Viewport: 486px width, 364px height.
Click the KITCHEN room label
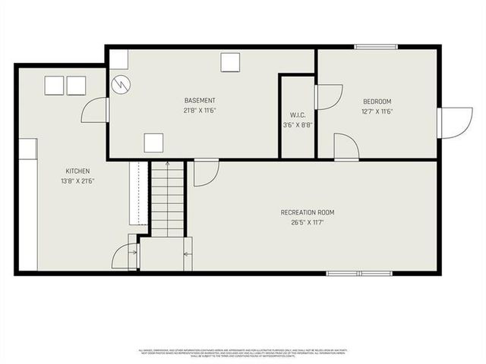[77, 171]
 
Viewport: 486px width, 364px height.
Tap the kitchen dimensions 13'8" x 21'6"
[77, 181]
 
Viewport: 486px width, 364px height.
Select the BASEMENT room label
[200, 101]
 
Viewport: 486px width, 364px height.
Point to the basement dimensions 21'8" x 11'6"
[200, 111]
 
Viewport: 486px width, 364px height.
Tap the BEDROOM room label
[377, 102]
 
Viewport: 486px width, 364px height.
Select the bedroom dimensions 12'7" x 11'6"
[377, 111]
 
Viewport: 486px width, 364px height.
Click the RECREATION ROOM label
[307, 212]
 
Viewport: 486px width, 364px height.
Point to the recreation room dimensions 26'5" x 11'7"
[307, 222]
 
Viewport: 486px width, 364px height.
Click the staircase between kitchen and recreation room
[167, 197]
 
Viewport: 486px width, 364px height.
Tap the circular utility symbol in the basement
[120, 84]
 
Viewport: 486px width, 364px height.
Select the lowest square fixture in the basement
[153, 142]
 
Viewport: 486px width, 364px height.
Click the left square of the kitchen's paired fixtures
[54, 86]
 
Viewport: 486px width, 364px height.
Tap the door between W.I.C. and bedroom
[328, 97]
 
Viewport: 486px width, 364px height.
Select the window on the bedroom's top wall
[376, 48]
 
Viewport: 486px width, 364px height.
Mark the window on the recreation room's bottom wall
[359, 273]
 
